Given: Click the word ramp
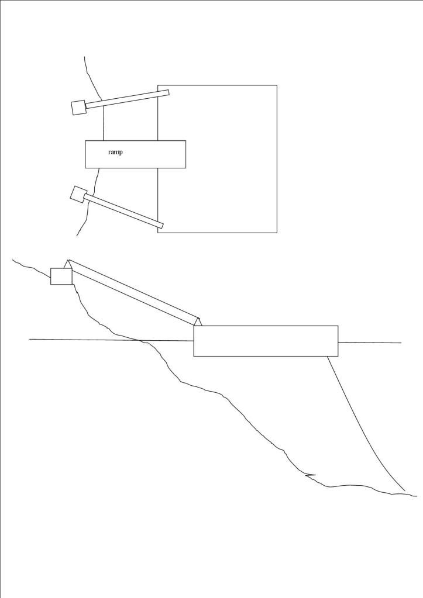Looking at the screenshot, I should pos(115,153).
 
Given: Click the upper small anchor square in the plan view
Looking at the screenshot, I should pos(78,108).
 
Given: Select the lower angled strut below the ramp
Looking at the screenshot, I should pos(123,211).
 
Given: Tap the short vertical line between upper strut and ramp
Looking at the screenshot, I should pos(104,123).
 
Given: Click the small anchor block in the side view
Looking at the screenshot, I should pos(61,276).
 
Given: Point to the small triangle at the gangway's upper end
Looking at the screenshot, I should pos(68,264).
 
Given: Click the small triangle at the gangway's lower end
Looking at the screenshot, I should pos(198,322).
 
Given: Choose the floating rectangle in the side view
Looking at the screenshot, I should pos(266,341).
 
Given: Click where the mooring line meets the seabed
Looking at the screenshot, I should pos(404,490).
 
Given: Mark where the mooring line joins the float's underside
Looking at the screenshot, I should pos(328,356).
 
